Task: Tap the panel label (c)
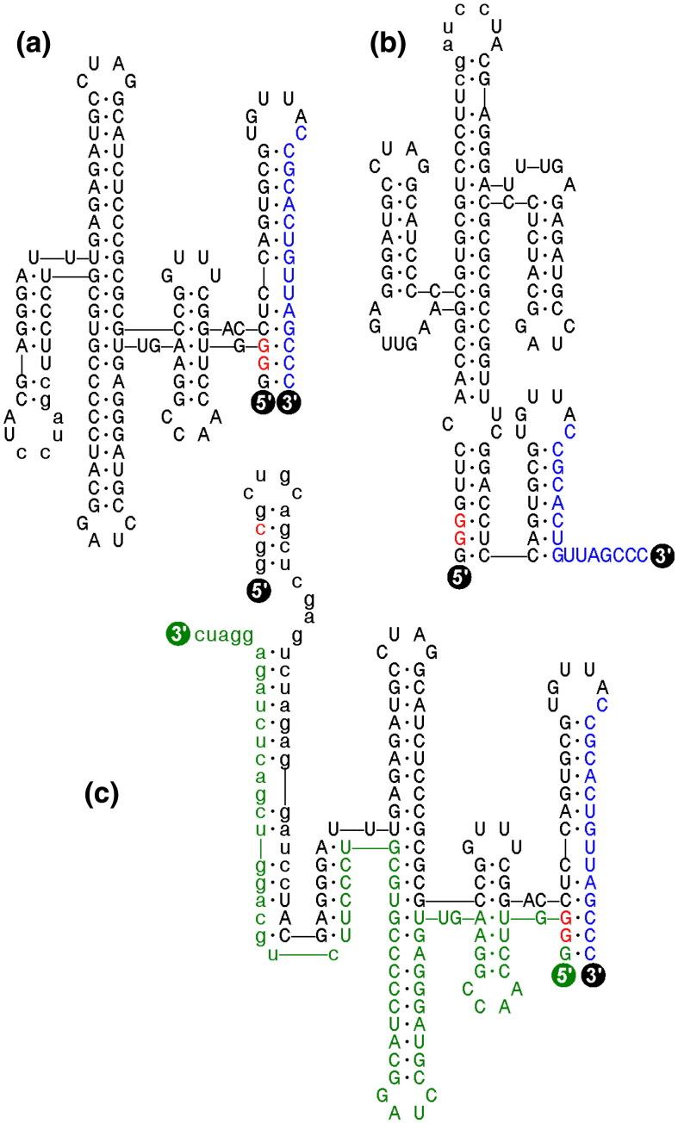109,796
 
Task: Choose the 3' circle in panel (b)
662,555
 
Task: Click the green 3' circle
178,636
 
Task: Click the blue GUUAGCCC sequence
600,555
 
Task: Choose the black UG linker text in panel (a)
144,348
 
